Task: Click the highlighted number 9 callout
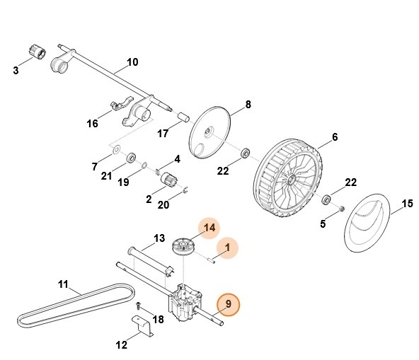(x=228, y=306)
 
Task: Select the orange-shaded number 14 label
(x=209, y=228)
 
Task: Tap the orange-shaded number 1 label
(x=226, y=248)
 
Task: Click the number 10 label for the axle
(x=132, y=62)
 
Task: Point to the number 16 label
(x=93, y=124)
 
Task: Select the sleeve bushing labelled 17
(x=185, y=115)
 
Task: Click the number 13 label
(x=159, y=238)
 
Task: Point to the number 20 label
(x=163, y=204)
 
